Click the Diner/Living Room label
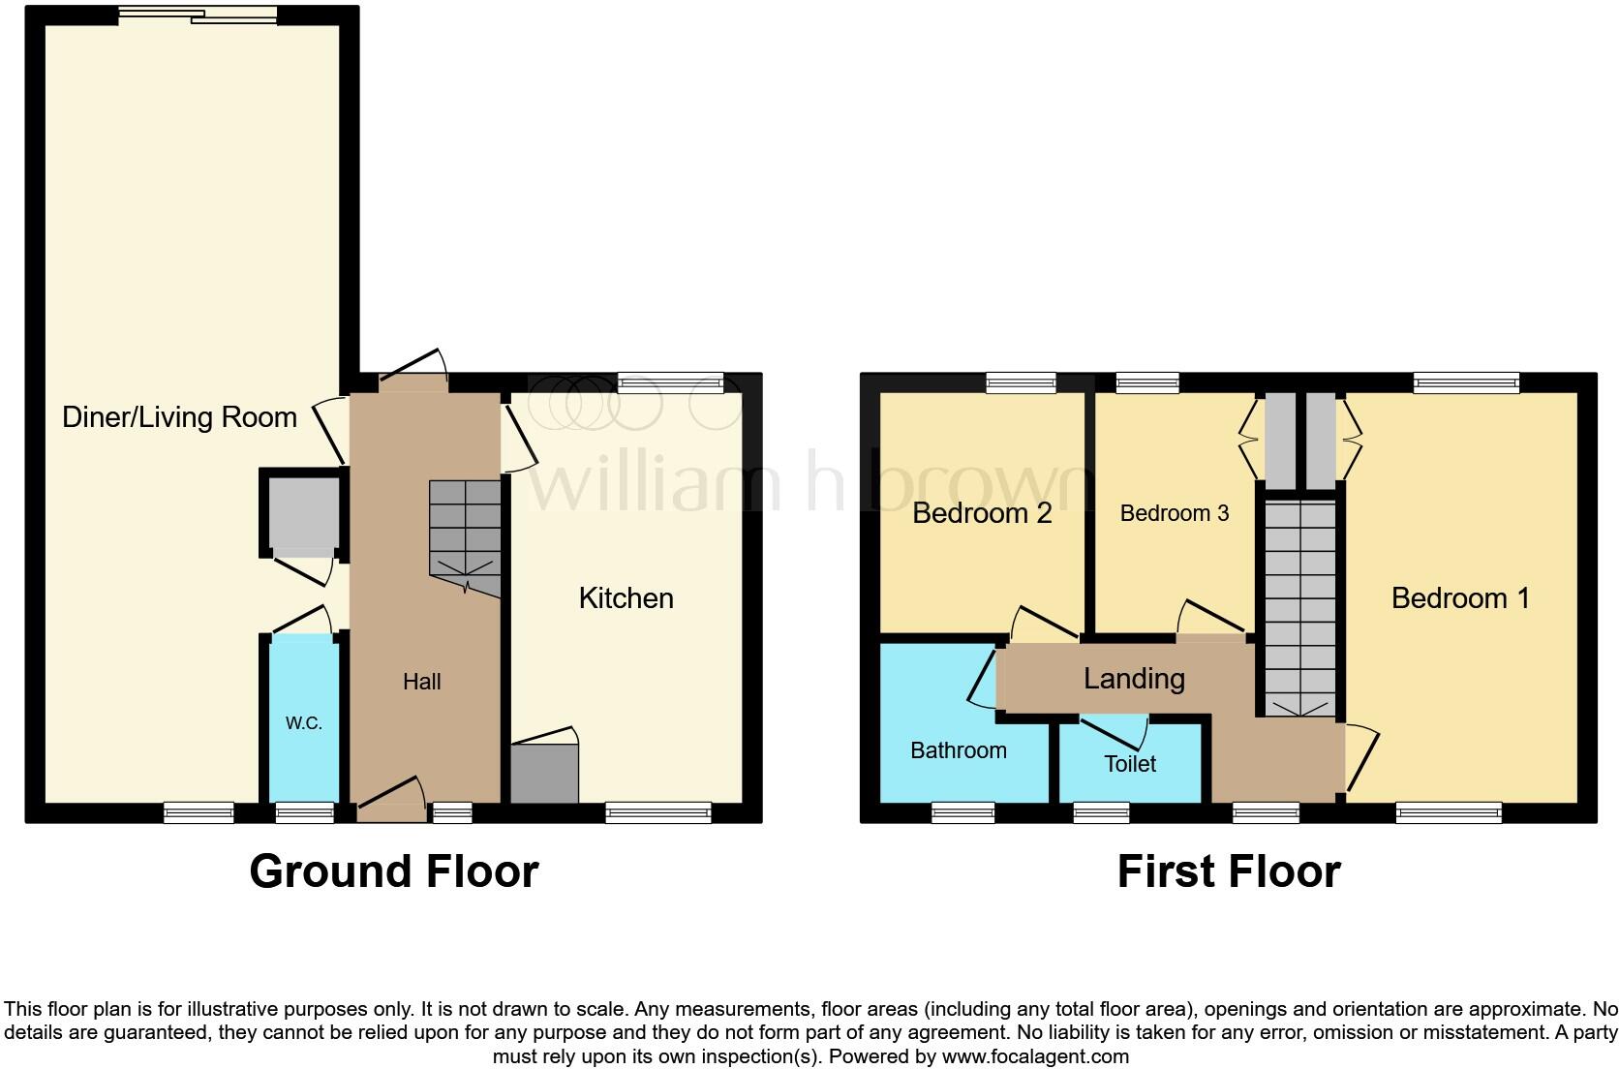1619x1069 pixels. click(x=179, y=417)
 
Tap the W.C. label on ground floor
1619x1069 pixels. click(x=303, y=723)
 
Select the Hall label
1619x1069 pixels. click(x=421, y=682)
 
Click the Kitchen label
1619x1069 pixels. click(x=626, y=597)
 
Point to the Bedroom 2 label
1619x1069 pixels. click(x=982, y=512)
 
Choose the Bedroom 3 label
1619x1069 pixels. click(x=1174, y=513)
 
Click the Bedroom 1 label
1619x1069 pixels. click(x=1459, y=597)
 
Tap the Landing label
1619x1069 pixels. click(x=1133, y=678)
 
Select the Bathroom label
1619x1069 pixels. click(x=958, y=750)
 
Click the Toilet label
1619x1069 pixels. click(x=1130, y=764)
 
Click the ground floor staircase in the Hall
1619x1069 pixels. click(x=465, y=537)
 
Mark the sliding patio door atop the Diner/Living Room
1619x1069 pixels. click(x=199, y=15)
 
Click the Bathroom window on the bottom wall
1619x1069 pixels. click(x=962, y=813)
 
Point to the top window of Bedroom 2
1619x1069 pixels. click(x=1021, y=383)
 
